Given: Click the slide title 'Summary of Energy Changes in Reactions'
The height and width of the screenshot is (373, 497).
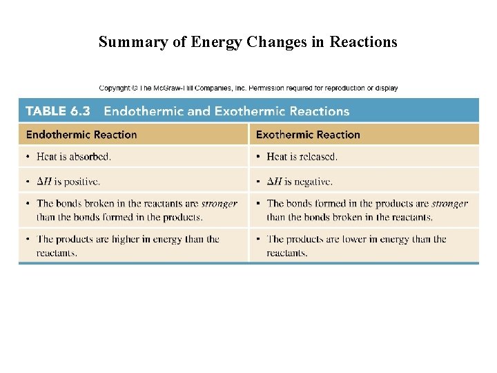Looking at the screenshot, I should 248,42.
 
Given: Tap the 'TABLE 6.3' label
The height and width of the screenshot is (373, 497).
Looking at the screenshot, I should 58,111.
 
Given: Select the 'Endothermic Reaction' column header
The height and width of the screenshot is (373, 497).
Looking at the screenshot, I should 81,135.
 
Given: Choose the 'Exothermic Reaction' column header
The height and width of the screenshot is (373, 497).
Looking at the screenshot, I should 308,135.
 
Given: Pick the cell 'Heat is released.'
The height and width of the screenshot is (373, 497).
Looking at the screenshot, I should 302,157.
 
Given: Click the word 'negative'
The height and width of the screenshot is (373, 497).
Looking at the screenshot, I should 313,182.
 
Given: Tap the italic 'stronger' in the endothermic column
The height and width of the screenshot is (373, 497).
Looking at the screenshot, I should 219,204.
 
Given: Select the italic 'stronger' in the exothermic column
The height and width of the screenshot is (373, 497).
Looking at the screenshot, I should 449,204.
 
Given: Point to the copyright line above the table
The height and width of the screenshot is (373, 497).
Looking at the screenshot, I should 248,88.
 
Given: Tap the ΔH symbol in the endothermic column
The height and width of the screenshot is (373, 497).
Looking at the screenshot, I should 44,182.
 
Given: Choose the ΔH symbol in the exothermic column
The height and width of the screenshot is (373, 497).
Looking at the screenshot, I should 274,182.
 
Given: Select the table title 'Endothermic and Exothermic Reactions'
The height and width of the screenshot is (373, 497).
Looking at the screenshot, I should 226,111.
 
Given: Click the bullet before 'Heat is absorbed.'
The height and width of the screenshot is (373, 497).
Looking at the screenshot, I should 28,157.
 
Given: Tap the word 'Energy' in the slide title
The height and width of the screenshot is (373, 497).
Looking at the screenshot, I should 213,43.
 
